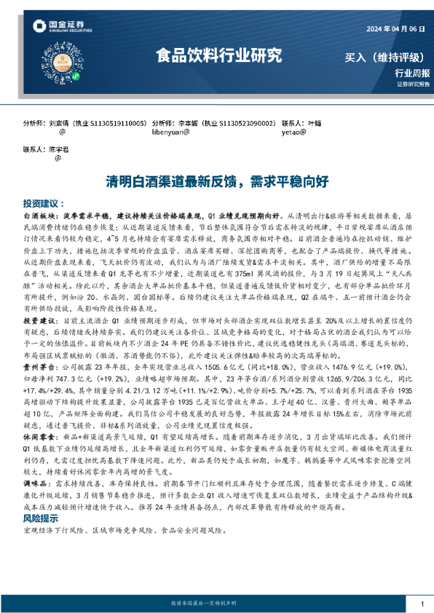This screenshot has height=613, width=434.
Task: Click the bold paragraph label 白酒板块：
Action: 42,216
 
